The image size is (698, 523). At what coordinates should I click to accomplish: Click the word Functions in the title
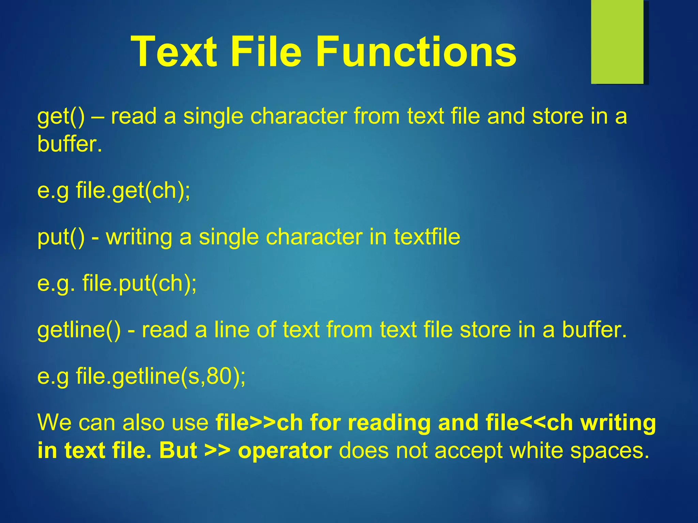416,52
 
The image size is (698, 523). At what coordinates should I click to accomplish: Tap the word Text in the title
174,52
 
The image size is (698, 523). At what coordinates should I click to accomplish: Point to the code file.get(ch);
133,190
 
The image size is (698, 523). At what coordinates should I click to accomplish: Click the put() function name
61,237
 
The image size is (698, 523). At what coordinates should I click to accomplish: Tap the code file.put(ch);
139,283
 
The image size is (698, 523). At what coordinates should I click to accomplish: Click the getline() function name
79,330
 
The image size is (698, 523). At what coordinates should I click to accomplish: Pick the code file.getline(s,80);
161,376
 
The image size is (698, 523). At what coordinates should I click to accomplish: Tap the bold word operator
285,450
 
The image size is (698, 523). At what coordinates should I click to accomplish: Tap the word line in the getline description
232,330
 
